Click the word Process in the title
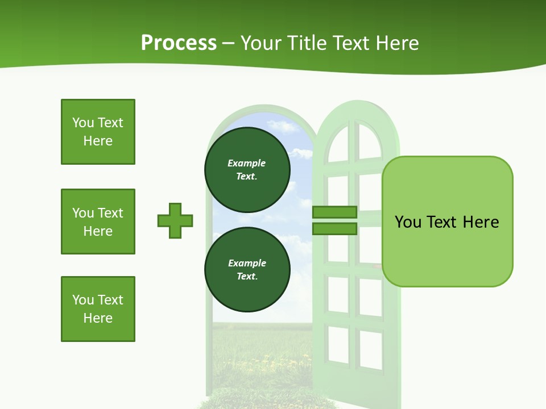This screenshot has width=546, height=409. coord(179,43)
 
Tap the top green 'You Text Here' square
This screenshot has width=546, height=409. coord(98,132)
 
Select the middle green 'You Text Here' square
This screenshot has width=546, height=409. coord(98,222)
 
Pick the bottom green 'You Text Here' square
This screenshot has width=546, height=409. coord(98,309)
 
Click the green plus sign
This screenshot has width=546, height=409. coord(175,220)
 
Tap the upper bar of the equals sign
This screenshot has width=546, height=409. coord(334,212)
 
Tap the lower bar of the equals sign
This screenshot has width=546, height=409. coord(334,228)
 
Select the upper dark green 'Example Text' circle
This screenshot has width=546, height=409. coord(247,170)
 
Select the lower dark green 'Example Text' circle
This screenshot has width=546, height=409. coord(247,270)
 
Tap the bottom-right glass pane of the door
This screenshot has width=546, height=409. coord(371,349)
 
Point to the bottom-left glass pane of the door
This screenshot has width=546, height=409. coord(338,344)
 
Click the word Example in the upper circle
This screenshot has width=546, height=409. coord(246,163)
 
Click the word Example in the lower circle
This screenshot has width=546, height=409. coord(247,263)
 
